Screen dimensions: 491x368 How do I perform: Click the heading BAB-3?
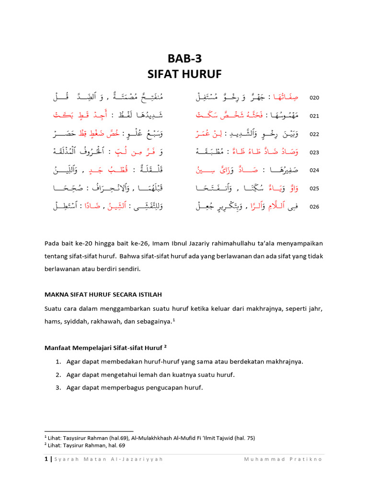[184, 58]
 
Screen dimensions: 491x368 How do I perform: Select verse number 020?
[314, 98]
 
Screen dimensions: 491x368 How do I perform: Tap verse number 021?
[314, 116]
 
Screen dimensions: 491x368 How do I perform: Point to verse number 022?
[314, 134]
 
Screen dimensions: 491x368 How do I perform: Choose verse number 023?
[314, 152]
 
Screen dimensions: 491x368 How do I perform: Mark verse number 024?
[314, 171]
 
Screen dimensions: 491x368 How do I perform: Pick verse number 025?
[314, 189]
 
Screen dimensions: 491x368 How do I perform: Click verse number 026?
[314, 207]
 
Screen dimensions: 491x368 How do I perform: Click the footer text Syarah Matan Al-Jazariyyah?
[108, 459]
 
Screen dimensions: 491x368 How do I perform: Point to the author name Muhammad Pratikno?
[283, 459]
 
